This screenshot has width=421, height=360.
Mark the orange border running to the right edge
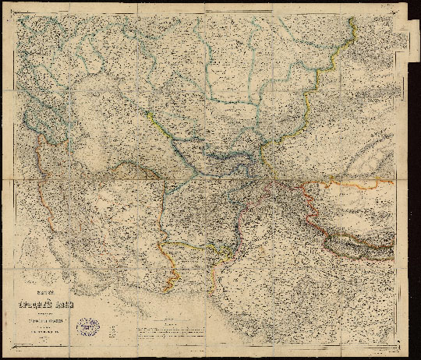[359, 185]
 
